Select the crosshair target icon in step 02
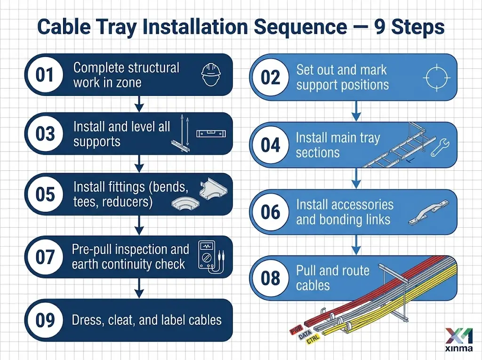coord(437,77)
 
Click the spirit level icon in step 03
coord(211,133)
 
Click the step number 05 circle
coord(45,194)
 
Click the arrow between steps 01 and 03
coord(138,103)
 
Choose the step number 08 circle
coord(271,278)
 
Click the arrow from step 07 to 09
coord(138,287)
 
